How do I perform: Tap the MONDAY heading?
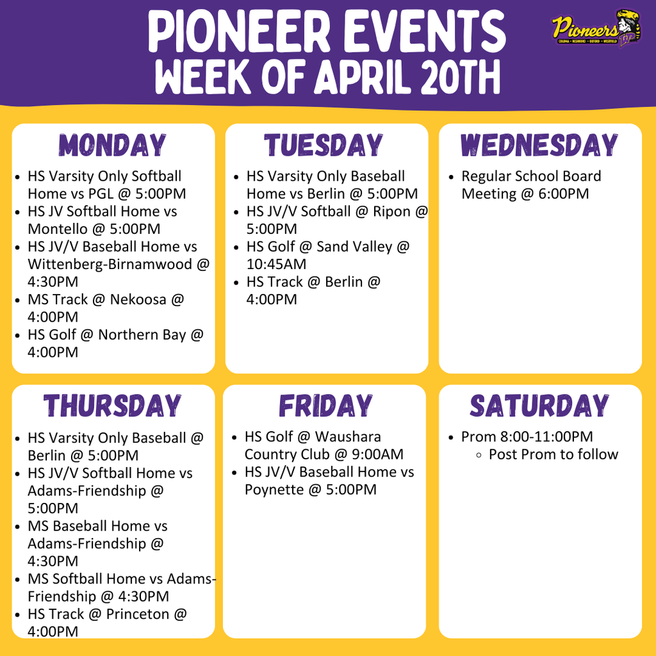click(x=113, y=145)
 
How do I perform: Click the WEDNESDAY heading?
click(x=539, y=145)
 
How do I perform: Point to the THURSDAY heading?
click(x=113, y=406)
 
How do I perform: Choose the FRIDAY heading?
click(x=325, y=406)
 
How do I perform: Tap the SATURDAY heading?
click(x=539, y=406)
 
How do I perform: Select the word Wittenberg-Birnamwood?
click(x=110, y=264)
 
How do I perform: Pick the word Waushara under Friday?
click(x=348, y=437)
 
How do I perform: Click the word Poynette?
click(x=273, y=490)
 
